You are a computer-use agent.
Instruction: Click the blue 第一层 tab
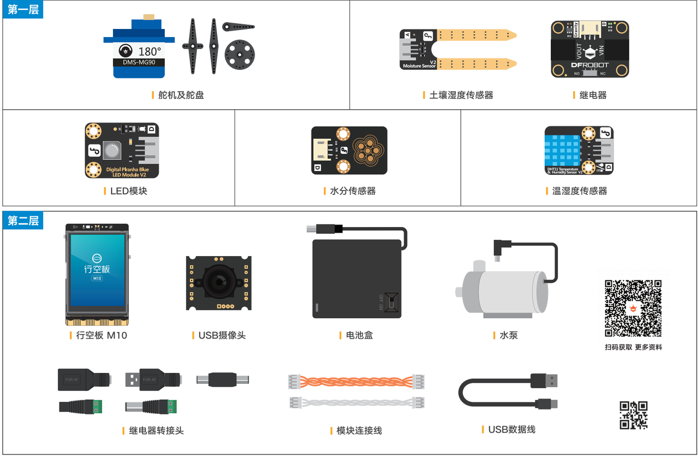tap(23, 9)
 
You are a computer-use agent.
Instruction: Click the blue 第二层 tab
tap(23, 221)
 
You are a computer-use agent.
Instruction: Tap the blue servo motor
tap(139, 49)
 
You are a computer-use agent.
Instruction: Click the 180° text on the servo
tap(149, 51)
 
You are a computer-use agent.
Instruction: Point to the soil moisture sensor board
tap(458, 50)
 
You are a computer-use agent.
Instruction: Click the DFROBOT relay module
tap(589, 49)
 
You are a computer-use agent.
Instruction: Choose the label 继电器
tap(593, 95)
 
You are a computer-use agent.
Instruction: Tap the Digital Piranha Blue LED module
tap(122, 150)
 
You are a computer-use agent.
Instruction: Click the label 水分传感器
tap(352, 191)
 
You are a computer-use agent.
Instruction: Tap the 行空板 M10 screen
tap(97, 270)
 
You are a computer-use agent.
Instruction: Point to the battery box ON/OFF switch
tap(391, 302)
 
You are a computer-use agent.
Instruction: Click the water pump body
tap(504, 289)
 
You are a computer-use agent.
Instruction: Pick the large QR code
tap(633, 308)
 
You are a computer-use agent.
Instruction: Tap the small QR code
tap(633, 416)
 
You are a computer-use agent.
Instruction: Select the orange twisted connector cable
tap(356, 381)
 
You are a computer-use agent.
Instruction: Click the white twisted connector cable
tap(356, 403)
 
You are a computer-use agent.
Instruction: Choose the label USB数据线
tap(512, 430)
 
